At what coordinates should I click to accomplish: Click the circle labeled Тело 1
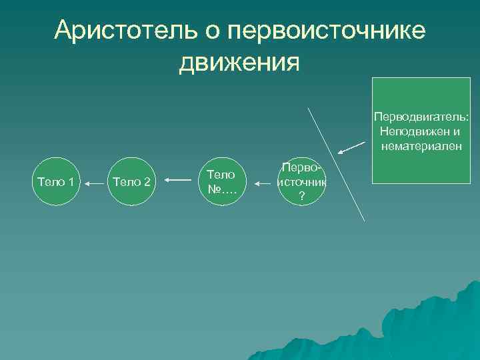tap(59, 181)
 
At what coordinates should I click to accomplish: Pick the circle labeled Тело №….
tap(221, 181)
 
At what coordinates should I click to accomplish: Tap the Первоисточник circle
tap(302, 181)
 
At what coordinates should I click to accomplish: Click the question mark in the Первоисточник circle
tap(302, 195)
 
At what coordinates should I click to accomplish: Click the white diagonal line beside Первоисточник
tap(336, 163)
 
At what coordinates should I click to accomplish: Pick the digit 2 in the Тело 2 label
tap(148, 181)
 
